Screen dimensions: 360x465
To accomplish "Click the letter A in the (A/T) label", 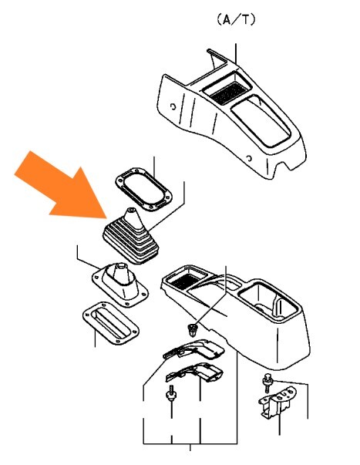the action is click(227, 20).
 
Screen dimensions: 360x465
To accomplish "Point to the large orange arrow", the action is click(62, 185).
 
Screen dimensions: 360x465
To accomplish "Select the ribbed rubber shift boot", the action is click(131, 236).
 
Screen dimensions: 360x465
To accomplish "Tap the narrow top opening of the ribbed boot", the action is click(131, 210).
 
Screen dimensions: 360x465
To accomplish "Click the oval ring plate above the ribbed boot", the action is click(144, 189).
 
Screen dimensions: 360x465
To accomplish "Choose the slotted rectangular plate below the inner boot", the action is click(110, 324).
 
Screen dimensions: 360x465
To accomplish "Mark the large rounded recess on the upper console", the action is click(261, 121).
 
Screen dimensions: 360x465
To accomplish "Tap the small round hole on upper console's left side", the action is click(172, 106).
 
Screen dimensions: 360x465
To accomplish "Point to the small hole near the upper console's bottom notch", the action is click(250, 158).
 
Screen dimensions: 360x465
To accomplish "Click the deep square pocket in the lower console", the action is click(267, 300).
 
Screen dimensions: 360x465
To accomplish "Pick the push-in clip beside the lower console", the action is click(193, 330).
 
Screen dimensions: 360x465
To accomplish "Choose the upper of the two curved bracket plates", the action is click(193, 349).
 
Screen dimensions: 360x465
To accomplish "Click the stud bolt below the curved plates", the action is click(171, 393).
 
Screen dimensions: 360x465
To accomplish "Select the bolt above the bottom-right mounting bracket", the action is click(267, 382).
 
